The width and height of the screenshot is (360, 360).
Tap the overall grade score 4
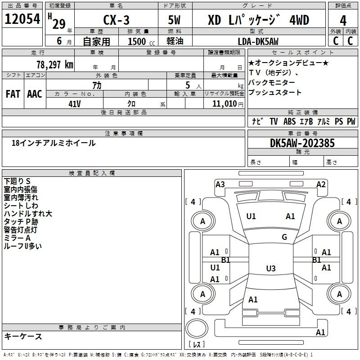tap(343, 20)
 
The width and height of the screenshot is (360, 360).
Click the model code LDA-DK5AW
tap(258, 41)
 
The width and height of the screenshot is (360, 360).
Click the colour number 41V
tap(75, 103)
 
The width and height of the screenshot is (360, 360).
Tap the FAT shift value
tap(13, 94)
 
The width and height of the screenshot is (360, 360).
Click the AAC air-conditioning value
tap(35, 94)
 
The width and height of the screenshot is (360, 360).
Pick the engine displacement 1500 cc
tap(137, 41)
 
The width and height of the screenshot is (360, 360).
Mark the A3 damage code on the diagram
tap(220, 184)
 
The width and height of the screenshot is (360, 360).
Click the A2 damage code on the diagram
tap(321, 184)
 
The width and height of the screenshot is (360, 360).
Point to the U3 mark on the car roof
tap(270, 269)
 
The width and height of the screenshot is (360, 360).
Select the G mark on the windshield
tap(284, 237)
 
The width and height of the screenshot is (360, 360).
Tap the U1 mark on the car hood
tap(251, 216)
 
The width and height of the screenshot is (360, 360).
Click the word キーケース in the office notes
tap(23, 336)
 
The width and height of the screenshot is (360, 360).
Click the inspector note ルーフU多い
tap(23, 246)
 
